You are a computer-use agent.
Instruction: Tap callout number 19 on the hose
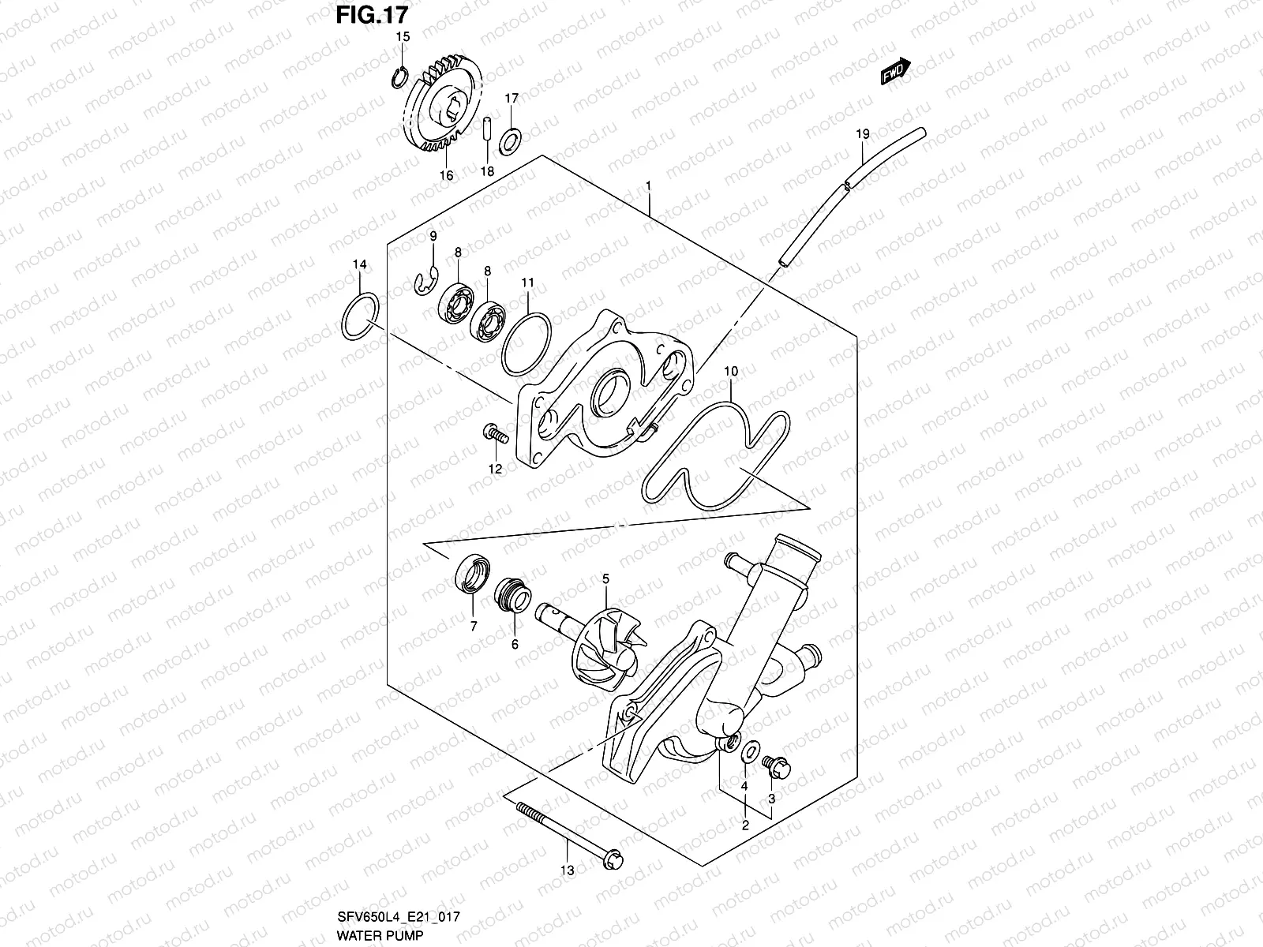click(862, 135)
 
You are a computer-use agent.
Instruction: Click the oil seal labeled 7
click(473, 572)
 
